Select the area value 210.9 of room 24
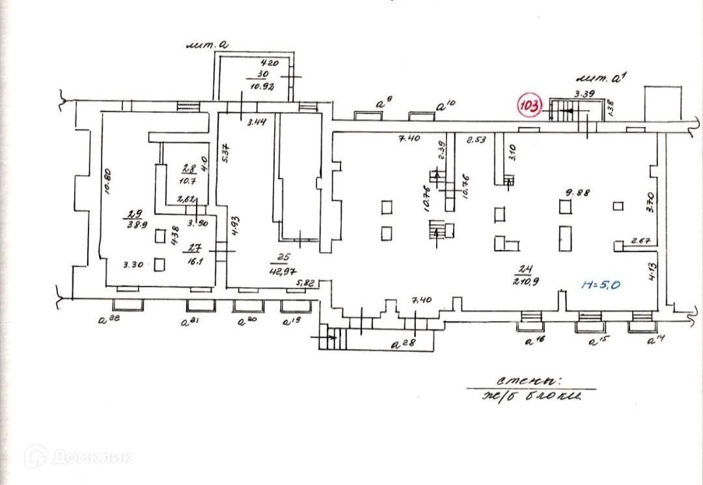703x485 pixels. [x=524, y=283]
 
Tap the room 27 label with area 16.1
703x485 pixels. [x=193, y=253]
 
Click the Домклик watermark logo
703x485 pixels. [x=78, y=456]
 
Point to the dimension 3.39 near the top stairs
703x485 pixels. [x=585, y=94]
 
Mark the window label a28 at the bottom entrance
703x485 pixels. [x=403, y=344]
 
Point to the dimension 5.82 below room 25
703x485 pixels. [x=306, y=283]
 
